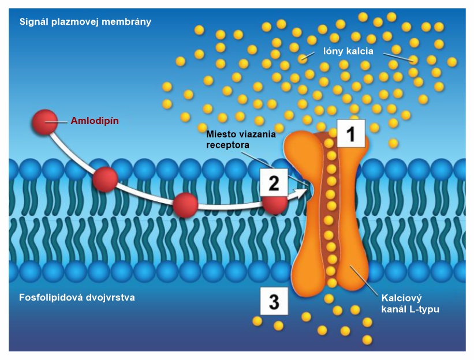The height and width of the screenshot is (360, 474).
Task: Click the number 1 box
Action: [x=350, y=134]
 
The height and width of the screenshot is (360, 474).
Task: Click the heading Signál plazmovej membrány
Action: [x=85, y=22]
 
